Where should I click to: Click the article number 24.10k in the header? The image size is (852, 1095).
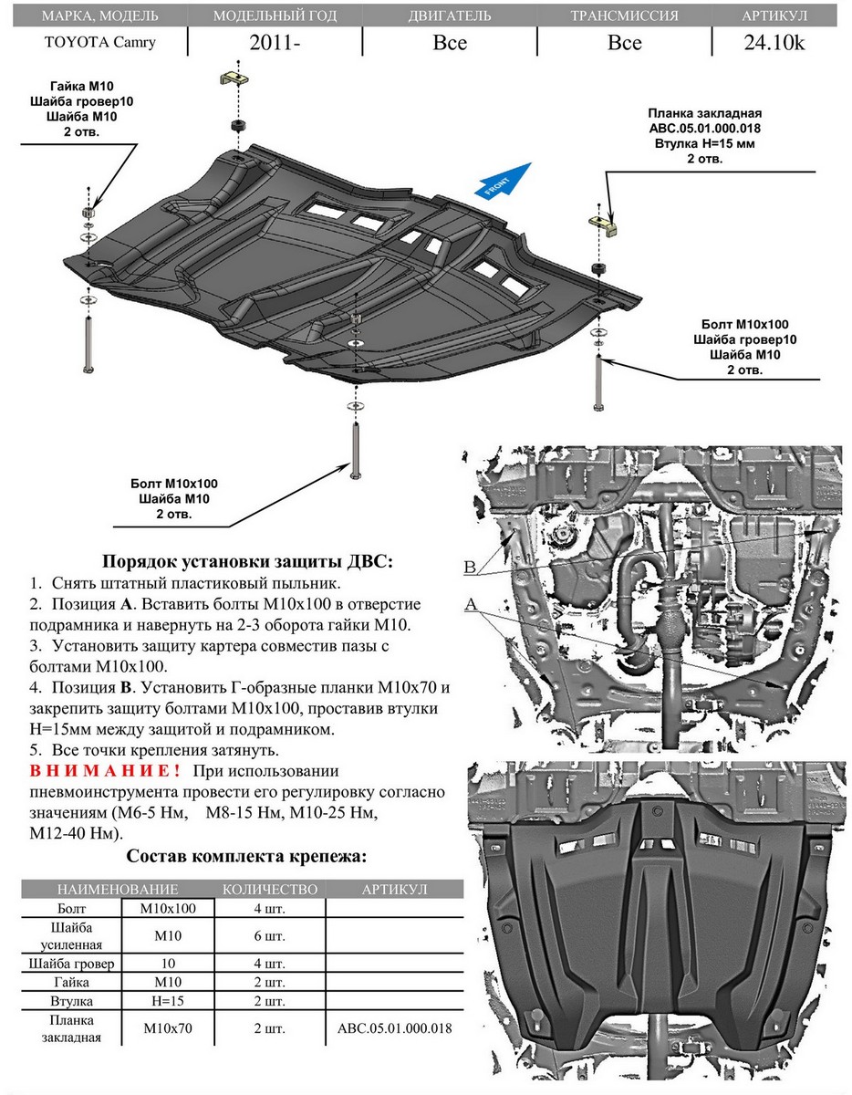click(774, 43)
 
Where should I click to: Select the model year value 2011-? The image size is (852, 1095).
click(275, 43)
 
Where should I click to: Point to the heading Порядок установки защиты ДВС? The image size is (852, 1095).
click(247, 562)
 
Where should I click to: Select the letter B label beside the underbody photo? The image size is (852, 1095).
click(471, 568)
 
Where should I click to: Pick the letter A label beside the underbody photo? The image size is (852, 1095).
click(471, 604)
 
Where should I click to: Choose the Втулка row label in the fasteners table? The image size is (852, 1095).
click(71, 1001)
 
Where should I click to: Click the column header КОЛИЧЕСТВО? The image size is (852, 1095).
click(270, 889)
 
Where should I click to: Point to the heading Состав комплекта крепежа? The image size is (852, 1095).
click(247, 856)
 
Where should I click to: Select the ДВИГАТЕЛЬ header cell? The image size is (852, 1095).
click(450, 16)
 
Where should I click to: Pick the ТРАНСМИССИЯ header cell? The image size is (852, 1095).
click(624, 16)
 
